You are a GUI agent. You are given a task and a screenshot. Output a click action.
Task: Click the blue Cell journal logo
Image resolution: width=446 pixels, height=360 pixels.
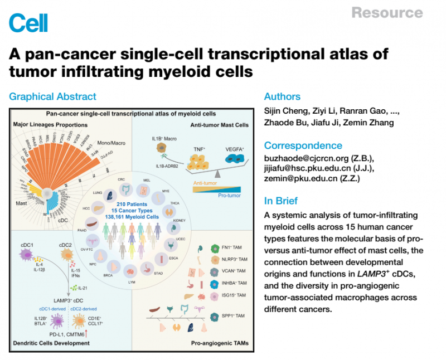pos(28,23)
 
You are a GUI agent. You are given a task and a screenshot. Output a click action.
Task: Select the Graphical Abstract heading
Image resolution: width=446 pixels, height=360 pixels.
pos(52,96)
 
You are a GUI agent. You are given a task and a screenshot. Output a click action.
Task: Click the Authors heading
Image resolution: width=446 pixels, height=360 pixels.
pos(282,96)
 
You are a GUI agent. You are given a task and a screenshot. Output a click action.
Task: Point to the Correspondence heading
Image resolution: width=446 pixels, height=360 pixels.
pos(303,145)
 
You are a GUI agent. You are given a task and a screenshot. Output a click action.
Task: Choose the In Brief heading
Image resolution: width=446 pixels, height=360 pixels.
pos(281,201)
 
